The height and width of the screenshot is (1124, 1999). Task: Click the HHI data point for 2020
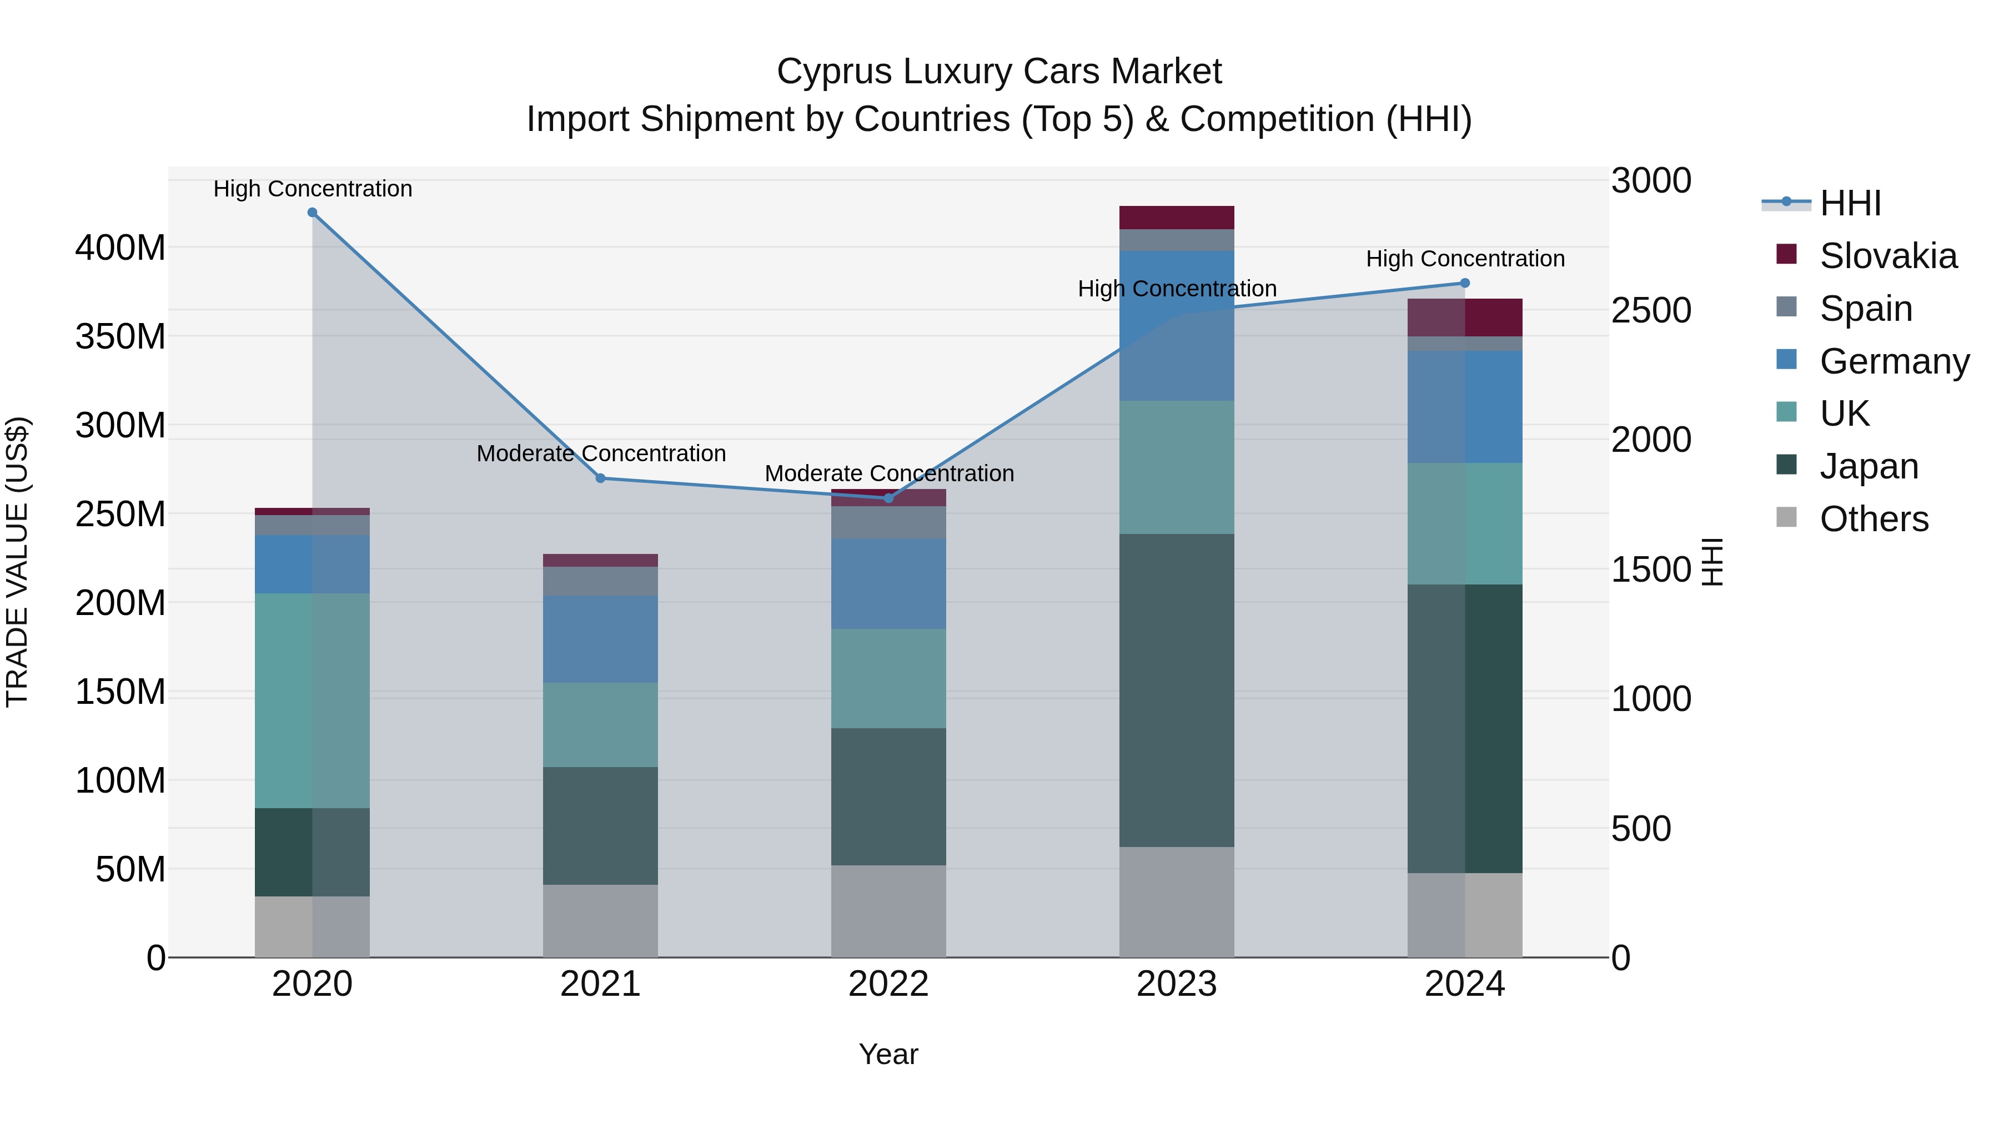coord(312,213)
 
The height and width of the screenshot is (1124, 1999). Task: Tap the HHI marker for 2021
coord(600,478)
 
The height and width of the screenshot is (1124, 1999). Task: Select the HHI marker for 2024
coord(1464,283)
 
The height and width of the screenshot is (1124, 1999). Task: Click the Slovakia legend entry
coord(1887,256)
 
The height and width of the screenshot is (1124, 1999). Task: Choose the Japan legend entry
coord(1868,466)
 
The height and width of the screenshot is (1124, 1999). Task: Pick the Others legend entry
coord(1874,519)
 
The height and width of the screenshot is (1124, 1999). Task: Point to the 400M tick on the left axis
coord(120,248)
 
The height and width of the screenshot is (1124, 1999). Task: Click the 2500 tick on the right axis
coord(1651,310)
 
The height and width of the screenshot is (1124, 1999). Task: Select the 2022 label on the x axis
coord(888,984)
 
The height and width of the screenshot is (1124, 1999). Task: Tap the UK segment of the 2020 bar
coord(312,700)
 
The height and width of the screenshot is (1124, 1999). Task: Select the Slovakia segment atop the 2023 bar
coord(1177,217)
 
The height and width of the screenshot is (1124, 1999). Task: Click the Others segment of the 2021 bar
coord(600,921)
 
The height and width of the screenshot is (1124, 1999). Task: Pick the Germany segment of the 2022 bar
coord(888,583)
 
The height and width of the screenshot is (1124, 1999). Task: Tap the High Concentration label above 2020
coord(313,189)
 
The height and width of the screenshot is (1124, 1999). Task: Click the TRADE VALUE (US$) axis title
coord(18,562)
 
